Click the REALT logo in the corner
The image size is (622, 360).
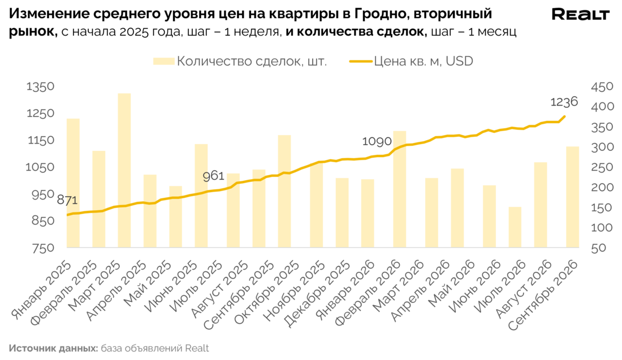tap(580, 15)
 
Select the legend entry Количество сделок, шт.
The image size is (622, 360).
tap(240, 61)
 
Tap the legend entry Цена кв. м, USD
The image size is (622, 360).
tap(411, 61)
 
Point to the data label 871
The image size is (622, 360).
tap(67, 200)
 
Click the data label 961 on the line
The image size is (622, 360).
tap(214, 176)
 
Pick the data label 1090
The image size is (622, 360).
tap(377, 141)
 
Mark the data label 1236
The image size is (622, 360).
tap(564, 102)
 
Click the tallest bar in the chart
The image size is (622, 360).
tap(124, 171)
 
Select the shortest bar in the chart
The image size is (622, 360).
tap(515, 227)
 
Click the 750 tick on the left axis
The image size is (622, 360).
tap(43, 248)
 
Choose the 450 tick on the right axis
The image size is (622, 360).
tap(602, 87)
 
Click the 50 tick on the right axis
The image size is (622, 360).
tap(599, 248)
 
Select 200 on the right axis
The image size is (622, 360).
tap(602, 187)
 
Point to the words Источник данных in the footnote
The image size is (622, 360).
tap(53, 349)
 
